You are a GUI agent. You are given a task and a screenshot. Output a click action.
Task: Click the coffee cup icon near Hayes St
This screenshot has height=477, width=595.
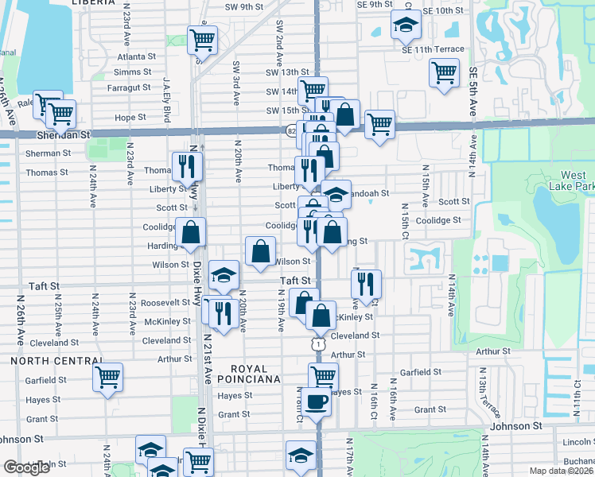[316, 401]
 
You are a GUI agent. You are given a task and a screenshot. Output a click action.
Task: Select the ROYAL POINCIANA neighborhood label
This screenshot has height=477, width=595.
[255, 374]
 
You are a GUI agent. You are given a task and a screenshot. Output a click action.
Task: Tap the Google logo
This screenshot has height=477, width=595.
[26, 467]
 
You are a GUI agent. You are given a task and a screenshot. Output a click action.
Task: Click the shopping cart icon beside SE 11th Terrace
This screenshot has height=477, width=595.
[443, 73]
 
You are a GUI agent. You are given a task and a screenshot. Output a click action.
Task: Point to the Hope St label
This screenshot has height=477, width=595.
[130, 117]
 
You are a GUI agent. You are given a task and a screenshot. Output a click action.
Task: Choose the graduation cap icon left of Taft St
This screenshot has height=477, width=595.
[224, 274]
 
